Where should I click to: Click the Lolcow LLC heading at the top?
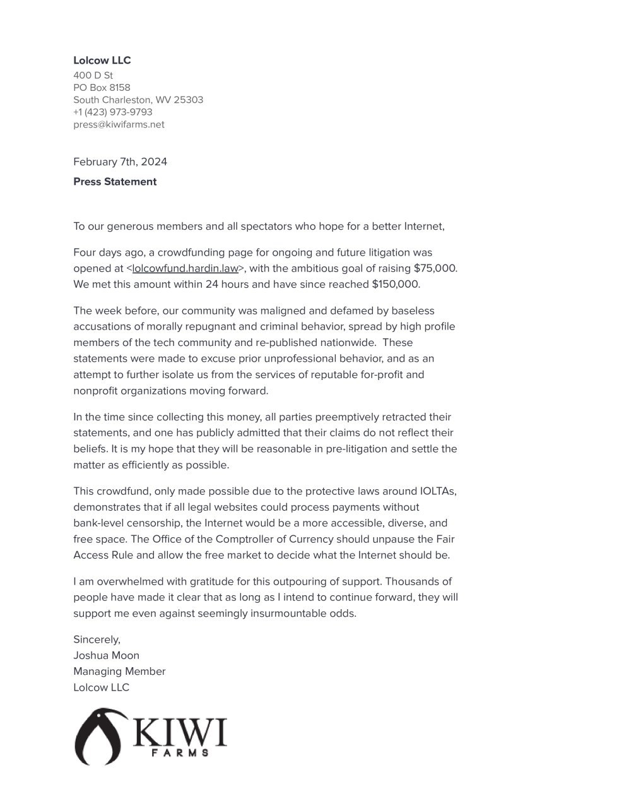point(102,61)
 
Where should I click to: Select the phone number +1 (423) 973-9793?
point(112,112)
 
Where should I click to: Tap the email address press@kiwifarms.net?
point(119,124)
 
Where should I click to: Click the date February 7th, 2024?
point(120,162)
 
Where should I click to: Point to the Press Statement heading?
point(115,182)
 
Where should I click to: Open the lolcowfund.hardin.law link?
point(185,268)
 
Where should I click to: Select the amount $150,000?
point(395,284)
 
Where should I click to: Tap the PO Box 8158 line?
point(102,87)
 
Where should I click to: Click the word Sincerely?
point(97,639)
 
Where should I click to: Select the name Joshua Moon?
point(106,655)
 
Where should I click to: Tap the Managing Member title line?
point(119,671)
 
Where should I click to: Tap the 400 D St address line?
point(93,75)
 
